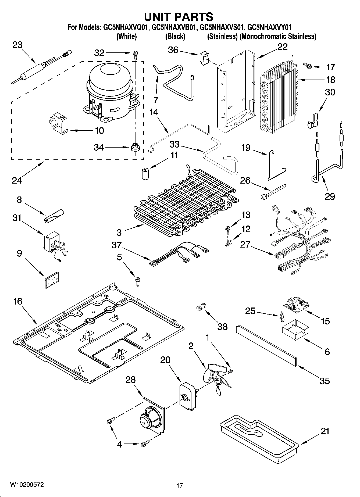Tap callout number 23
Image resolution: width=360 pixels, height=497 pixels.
[x=17, y=45]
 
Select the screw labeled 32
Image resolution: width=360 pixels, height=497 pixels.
[x=135, y=55]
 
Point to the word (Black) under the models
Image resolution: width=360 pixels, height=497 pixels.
[x=175, y=36]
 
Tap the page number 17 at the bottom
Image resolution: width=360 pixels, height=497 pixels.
[x=180, y=485]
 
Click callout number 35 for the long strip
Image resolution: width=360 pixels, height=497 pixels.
[x=325, y=381]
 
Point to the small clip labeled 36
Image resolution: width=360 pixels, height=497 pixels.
[x=204, y=58]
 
